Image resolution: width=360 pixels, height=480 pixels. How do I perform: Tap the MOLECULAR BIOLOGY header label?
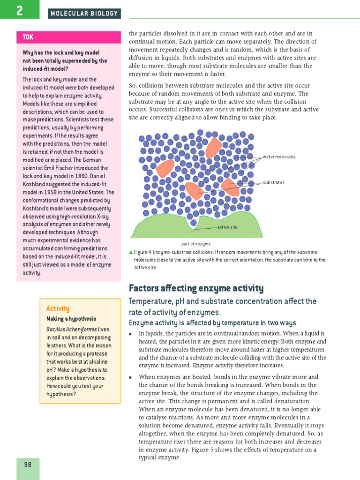tap(84, 14)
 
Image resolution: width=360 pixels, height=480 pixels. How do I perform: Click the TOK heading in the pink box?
tap(28, 37)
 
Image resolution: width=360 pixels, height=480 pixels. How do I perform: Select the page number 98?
tap(28, 465)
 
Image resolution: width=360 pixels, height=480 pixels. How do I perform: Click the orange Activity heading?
tap(58, 308)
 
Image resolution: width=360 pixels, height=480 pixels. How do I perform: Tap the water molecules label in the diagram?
tap(279, 157)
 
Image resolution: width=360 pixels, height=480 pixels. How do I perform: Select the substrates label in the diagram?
tap(273, 182)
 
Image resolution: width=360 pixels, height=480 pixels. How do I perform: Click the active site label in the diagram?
tap(227, 227)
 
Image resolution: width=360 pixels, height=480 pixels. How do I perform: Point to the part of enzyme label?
tap(196, 244)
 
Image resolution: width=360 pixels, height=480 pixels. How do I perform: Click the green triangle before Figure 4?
tap(131, 252)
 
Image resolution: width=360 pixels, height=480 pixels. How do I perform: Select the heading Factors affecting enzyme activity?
tap(196, 288)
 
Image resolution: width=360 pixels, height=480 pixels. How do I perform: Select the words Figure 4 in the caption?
tap(143, 252)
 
